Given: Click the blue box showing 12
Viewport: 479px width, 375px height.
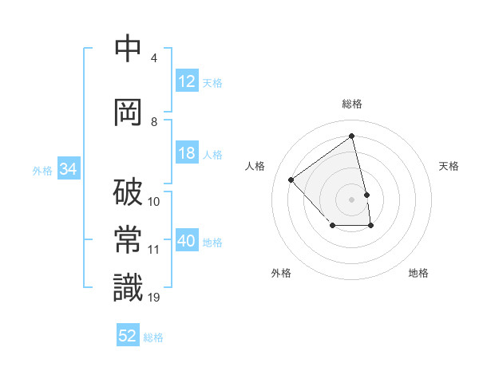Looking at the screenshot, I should pos(187,81).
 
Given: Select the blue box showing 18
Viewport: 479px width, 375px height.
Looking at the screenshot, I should pos(187,154).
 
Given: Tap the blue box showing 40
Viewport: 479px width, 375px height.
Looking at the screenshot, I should pos(187,242).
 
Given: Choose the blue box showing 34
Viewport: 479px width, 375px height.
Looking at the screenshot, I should pos(68,169).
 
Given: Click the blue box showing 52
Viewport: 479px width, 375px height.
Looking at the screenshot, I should pos(128,336).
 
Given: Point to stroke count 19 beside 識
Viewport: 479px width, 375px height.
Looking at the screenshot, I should pos(154,298).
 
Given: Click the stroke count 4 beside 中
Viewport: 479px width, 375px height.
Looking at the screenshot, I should pos(153,58).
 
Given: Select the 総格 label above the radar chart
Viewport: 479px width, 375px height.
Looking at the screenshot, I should pos(351,104).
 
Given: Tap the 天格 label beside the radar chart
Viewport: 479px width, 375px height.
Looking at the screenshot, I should pos(449,166).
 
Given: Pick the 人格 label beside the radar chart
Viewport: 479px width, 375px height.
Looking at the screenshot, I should pos(255,166).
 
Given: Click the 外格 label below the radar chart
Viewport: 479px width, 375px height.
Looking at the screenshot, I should pos(281,273).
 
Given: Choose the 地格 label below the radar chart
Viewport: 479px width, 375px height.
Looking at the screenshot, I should pos(418,273).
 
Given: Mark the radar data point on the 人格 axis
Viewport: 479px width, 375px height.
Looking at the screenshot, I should pos(291,180).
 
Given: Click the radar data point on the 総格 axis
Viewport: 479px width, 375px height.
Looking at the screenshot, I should pos(351,136).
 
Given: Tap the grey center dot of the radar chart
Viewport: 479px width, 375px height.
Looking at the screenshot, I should pos(351,199).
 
